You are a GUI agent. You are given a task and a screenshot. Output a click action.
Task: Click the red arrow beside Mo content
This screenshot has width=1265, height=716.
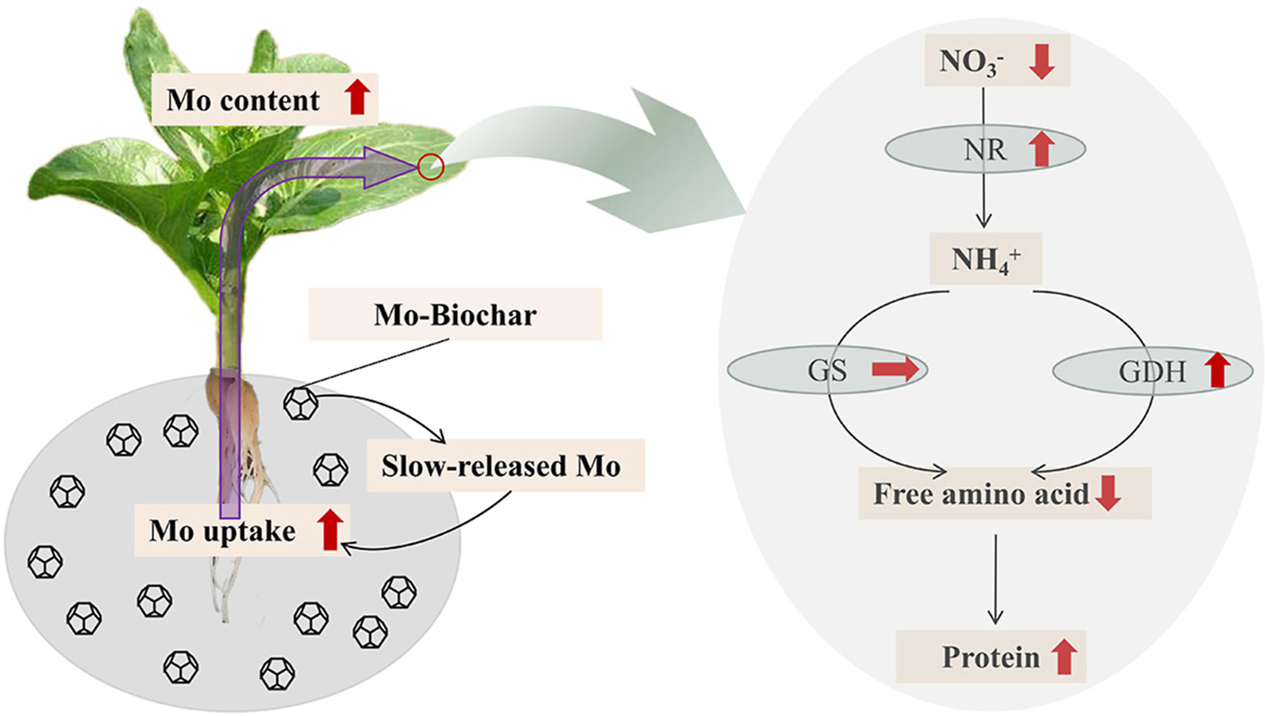[357, 97]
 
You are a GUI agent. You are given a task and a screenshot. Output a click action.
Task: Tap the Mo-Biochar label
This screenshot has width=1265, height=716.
[455, 314]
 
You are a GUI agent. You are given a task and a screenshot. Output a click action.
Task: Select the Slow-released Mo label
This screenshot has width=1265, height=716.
[501, 466]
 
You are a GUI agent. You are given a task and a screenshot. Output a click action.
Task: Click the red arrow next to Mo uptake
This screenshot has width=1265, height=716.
[329, 530]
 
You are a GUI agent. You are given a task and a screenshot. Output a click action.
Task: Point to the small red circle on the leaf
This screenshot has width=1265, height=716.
[431, 167]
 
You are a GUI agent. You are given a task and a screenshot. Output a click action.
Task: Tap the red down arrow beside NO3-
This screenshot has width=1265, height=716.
[1042, 61]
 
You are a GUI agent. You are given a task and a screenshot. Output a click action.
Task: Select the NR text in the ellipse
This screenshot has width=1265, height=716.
[985, 150]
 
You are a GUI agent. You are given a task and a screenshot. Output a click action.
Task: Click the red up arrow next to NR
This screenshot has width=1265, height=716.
[1043, 150]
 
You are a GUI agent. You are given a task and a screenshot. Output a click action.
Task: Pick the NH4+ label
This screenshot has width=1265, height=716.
[985, 259]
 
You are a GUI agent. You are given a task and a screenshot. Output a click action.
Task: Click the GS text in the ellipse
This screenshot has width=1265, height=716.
[827, 370]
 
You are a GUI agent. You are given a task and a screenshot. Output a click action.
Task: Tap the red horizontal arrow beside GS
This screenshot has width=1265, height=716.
[896, 370]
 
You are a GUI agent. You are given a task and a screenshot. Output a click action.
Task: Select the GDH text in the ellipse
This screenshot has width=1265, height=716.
[1152, 372]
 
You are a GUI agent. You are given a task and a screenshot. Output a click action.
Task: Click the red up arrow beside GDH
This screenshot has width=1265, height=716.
[1217, 370]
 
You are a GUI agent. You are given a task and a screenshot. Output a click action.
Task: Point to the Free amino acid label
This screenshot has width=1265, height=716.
[980, 494]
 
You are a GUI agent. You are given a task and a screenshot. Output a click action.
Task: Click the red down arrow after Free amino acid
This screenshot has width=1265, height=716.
[1108, 493]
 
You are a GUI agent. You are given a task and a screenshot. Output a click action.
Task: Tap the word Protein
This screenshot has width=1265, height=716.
[990, 657]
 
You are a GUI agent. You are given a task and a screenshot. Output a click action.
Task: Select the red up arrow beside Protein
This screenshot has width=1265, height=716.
[1065, 656]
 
